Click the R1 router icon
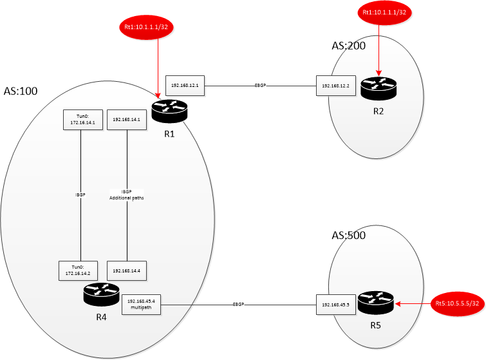click(169, 111)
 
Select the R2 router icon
click(379, 89)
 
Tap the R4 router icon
click(101, 294)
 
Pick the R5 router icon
click(376, 303)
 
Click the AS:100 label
click(21, 91)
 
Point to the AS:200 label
click(349, 46)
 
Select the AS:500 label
click(349, 235)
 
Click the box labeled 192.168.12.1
click(185, 86)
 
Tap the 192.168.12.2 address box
click(335, 86)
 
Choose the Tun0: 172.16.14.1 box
click(83, 120)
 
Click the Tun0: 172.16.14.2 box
click(78, 270)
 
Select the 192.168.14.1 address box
click(126, 120)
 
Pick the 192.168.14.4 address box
click(126, 270)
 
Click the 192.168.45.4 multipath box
click(142, 305)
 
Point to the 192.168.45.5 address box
click(335, 305)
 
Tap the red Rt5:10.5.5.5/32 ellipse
click(458, 303)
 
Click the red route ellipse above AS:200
click(384, 12)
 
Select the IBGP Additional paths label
click(126, 194)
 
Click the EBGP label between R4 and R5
click(238, 305)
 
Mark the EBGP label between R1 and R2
click(260, 85)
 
